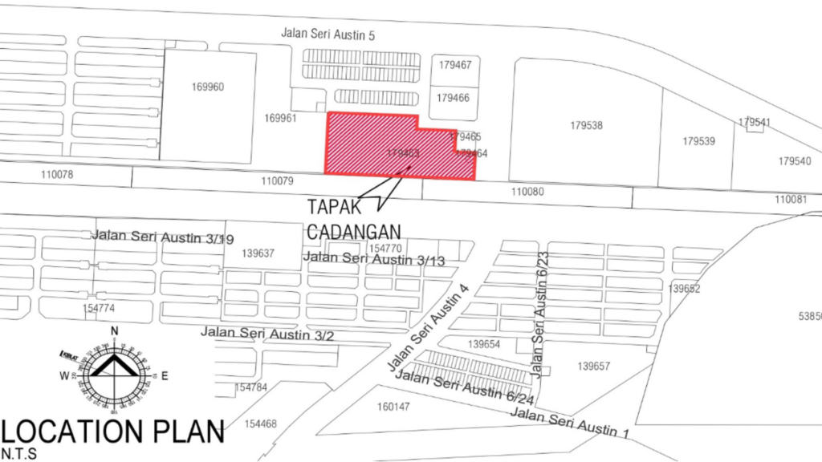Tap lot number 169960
click(208, 87)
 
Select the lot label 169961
click(280, 119)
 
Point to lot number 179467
click(454, 66)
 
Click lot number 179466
click(454, 97)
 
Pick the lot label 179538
click(586, 126)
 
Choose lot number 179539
click(698, 141)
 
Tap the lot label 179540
click(794, 161)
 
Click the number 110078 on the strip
click(56, 174)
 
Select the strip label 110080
click(527, 192)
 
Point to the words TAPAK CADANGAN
click(353, 217)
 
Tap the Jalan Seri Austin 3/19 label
click(163, 237)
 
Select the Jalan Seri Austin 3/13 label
click(373, 258)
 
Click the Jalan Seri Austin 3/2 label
click(267, 333)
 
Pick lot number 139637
click(258, 253)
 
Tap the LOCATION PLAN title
click(113, 432)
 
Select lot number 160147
click(393, 407)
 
